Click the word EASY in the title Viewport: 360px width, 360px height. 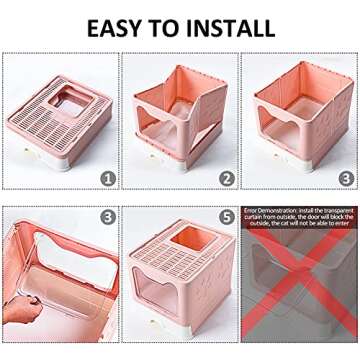coord(119,26)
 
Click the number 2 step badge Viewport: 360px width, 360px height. coord(228,179)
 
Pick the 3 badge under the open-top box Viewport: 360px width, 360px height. coord(346,179)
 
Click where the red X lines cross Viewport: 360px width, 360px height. coord(300,290)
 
